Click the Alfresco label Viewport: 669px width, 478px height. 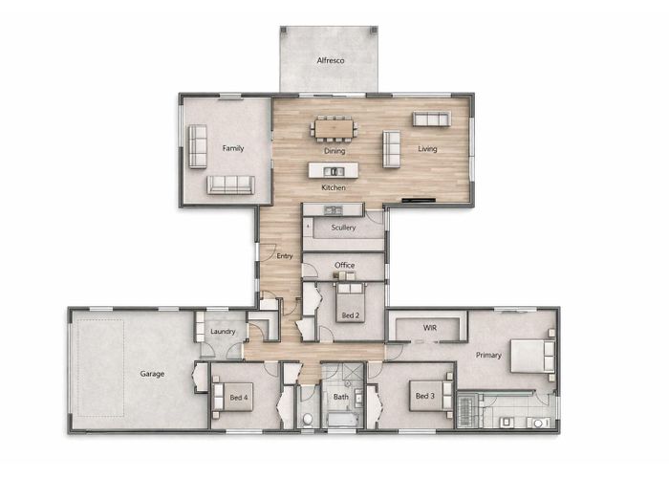(x=331, y=60)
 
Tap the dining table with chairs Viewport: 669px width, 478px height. (x=334, y=128)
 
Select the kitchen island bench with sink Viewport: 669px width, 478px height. (x=334, y=170)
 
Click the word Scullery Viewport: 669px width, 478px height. (x=343, y=228)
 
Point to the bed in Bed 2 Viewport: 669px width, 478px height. (x=351, y=303)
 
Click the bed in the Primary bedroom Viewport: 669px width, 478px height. (x=532, y=356)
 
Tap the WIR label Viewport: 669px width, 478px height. (x=430, y=328)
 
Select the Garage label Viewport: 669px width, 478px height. (x=152, y=374)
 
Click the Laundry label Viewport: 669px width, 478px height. (x=223, y=331)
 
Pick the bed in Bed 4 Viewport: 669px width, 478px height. (x=233, y=398)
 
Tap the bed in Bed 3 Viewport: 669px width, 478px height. (x=431, y=396)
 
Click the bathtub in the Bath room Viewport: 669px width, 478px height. (x=342, y=420)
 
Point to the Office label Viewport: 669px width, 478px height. (x=345, y=265)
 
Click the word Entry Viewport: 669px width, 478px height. (x=285, y=256)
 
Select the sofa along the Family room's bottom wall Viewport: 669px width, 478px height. (x=231, y=185)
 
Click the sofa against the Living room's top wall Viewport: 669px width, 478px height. (x=431, y=119)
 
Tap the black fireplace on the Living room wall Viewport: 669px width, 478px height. (x=419, y=200)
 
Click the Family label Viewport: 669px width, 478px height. (x=233, y=148)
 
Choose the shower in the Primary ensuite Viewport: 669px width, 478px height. (x=469, y=410)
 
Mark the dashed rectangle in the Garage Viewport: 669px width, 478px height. (x=101, y=368)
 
